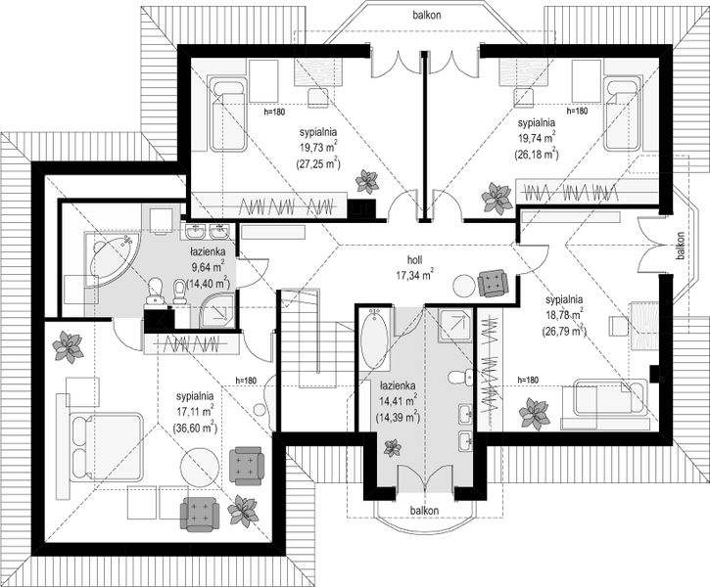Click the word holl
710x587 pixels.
(415, 260)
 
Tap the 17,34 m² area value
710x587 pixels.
(415, 274)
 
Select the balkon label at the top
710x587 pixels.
(427, 15)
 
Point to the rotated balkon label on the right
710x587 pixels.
(680, 246)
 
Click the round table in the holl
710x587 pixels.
(464, 286)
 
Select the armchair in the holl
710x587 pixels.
(493, 282)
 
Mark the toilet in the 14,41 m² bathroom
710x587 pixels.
(460, 377)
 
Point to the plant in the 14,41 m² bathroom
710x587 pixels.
(392, 448)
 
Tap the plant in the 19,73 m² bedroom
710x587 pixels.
(367, 181)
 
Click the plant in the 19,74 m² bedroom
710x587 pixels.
(497, 198)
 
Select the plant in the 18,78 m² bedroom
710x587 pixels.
(535, 413)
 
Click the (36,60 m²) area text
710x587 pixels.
(195, 427)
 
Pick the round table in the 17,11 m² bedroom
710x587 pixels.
(201, 467)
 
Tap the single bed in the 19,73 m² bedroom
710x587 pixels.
(227, 115)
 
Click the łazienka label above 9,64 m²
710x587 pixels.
(208, 251)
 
